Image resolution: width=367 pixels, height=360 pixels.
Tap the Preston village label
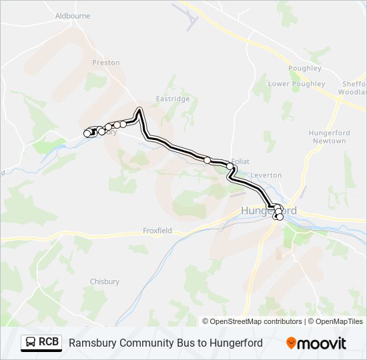tap(105, 63)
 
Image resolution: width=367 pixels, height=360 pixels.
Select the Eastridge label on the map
tap(173, 99)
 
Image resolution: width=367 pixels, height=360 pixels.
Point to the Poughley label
tap(304, 68)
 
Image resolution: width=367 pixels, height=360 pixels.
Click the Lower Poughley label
tap(296, 84)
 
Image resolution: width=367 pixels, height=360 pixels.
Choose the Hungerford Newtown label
tap(329, 137)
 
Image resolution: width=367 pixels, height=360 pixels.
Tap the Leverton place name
tap(266, 175)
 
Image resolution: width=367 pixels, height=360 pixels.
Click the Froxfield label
tap(157, 231)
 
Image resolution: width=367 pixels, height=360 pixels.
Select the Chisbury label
tap(104, 281)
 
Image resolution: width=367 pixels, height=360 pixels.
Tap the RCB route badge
tap(41, 343)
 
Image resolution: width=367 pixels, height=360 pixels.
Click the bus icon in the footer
tap(31, 343)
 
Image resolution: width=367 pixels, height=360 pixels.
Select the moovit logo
tap(316, 343)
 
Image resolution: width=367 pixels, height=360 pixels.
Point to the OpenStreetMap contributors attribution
tap(252, 321)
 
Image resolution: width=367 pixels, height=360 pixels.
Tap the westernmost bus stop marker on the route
tap(87, 134)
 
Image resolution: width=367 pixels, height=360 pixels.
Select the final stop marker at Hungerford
tap(280, 217)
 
